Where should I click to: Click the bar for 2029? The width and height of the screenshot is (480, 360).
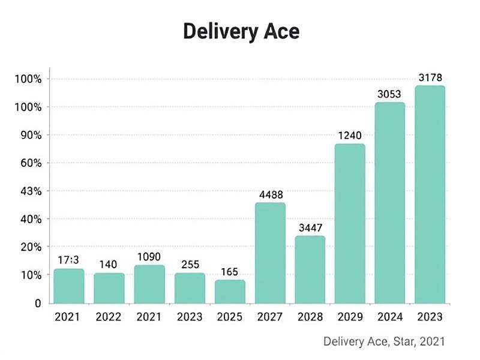[350, 223]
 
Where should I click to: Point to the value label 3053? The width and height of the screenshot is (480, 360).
[390, 94]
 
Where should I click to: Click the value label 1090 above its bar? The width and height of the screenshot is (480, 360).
[149, 257]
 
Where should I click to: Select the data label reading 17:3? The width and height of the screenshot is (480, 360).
[69, 260]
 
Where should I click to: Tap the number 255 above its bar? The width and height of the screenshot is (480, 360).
[190, 265]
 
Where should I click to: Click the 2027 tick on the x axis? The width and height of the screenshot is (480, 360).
[270, 316]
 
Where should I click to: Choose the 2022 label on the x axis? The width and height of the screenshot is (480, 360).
[109, 316]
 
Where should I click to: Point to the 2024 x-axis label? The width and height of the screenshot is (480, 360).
[390, 316]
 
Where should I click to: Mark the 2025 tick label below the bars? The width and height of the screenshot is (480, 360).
[230, 316]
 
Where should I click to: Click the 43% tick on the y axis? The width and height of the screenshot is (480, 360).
[29, 191]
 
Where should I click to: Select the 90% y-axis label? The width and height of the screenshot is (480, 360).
[29, 136]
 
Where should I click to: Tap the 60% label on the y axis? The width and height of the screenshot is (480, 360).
[29, 163]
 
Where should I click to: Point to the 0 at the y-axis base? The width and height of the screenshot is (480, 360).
[37, 304]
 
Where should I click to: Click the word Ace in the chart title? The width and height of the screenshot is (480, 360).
[278, 32]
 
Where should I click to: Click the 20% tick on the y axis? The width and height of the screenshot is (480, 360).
[29, 247]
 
